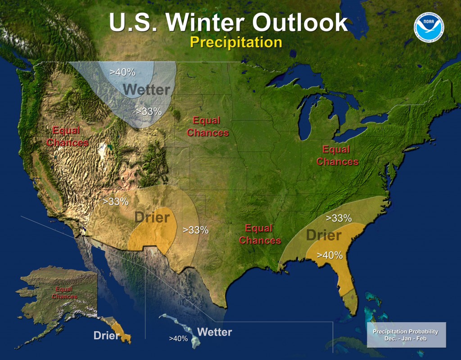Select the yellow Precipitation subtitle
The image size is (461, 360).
(x=235, y=42)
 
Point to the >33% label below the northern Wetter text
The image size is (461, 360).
(x=149, y=111)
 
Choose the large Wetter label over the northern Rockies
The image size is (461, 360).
(x=147, y=90)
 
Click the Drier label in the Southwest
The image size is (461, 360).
(x=152, y=218)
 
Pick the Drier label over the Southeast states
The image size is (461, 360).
(x=323, y=235)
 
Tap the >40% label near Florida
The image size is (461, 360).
(x=330, y=255)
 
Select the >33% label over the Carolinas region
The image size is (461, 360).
(x=338, y=219)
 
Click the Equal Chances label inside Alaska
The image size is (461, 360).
(x=64, y=293)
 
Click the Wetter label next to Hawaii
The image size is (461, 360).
(x=214, y=333)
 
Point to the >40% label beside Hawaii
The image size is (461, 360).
(x=178, y=338)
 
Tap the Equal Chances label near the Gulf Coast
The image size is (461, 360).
(x=260, y=234)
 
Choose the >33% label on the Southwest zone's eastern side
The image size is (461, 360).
(x=195, y=230)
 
